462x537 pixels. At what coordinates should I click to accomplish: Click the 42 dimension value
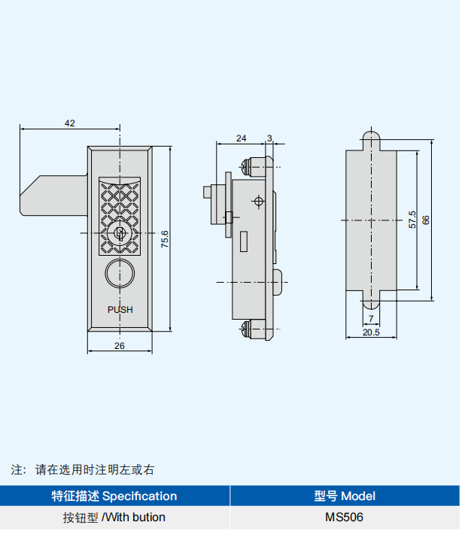[70, 123]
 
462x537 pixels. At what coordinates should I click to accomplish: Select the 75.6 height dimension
[165, 238]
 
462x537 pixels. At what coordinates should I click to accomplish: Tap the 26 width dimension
[119, 345]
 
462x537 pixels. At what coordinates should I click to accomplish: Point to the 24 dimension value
[241, 138]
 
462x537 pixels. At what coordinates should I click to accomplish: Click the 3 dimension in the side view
[269, 138]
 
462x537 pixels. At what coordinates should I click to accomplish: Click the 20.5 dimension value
[370, 332]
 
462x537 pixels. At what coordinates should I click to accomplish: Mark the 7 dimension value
[372, 318]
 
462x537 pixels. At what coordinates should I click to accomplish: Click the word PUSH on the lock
[120, 309]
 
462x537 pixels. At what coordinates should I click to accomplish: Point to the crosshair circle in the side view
[258, 202]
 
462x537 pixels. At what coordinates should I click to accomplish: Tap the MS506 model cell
[344, 517]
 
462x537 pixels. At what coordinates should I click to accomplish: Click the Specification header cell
[114, 496]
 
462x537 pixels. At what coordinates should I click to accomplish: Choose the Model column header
[344, 496]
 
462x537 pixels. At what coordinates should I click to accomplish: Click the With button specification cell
[114, 517]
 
